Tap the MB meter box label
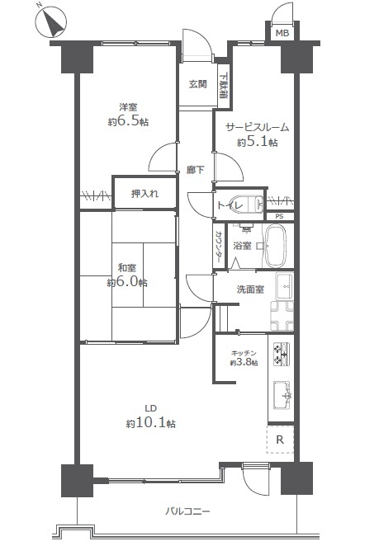coord(282,33)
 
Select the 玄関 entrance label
coord(198,84)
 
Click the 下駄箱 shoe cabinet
coord(224,86)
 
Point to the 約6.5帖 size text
coord(129,121)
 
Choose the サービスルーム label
coord(258,128)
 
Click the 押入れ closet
coord(144,194)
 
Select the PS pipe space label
coord(279,217)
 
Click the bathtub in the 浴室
coord(275,246)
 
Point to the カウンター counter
coord(218,245)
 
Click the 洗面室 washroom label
coord(250,289)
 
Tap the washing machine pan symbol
coord(282,316)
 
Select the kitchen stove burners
coord(282,354)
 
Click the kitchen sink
coord(282,395)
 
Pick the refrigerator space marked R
coord(280,440)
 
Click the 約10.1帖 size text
coord(150,423)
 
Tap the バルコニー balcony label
coord(187,510)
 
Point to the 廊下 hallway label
coord(195,170)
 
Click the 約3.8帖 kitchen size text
coord(244,362)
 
